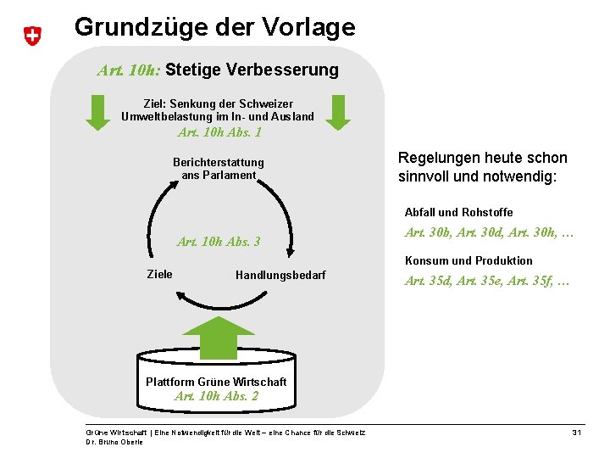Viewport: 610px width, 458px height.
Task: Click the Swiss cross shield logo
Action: click(x=31, y=36)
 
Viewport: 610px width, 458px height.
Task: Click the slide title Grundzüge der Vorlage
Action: click(x=214, y=27)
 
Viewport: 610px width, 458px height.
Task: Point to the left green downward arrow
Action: click(x=99, y=112)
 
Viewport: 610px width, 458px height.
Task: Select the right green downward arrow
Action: click(x=338, y=112)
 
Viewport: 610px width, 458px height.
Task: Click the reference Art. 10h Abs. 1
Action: click(x=219, y=132)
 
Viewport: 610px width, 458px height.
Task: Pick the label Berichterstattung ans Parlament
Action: click(x=219, y=168)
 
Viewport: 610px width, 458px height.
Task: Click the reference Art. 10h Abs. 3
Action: click(x=219, y=242)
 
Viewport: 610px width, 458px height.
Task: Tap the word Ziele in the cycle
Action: click(x=159, y=274)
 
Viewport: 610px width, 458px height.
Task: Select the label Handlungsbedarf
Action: click(x=280, y=275)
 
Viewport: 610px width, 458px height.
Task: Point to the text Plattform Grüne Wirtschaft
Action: click(x=216, y=382)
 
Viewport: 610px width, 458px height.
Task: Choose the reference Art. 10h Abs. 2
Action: click(x=216, y=396)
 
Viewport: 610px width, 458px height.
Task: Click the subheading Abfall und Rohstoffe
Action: click(x=458, y=212)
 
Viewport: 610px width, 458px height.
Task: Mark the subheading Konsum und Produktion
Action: click(x=469, y=260)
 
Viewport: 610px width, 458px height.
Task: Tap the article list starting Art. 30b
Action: click(x=489, y=232)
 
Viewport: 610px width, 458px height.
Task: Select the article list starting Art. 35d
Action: click(x=487, y=281)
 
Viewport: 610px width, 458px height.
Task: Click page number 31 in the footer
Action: click(x=576, y=433)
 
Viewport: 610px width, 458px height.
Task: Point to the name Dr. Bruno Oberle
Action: click(x=114, y=442)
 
